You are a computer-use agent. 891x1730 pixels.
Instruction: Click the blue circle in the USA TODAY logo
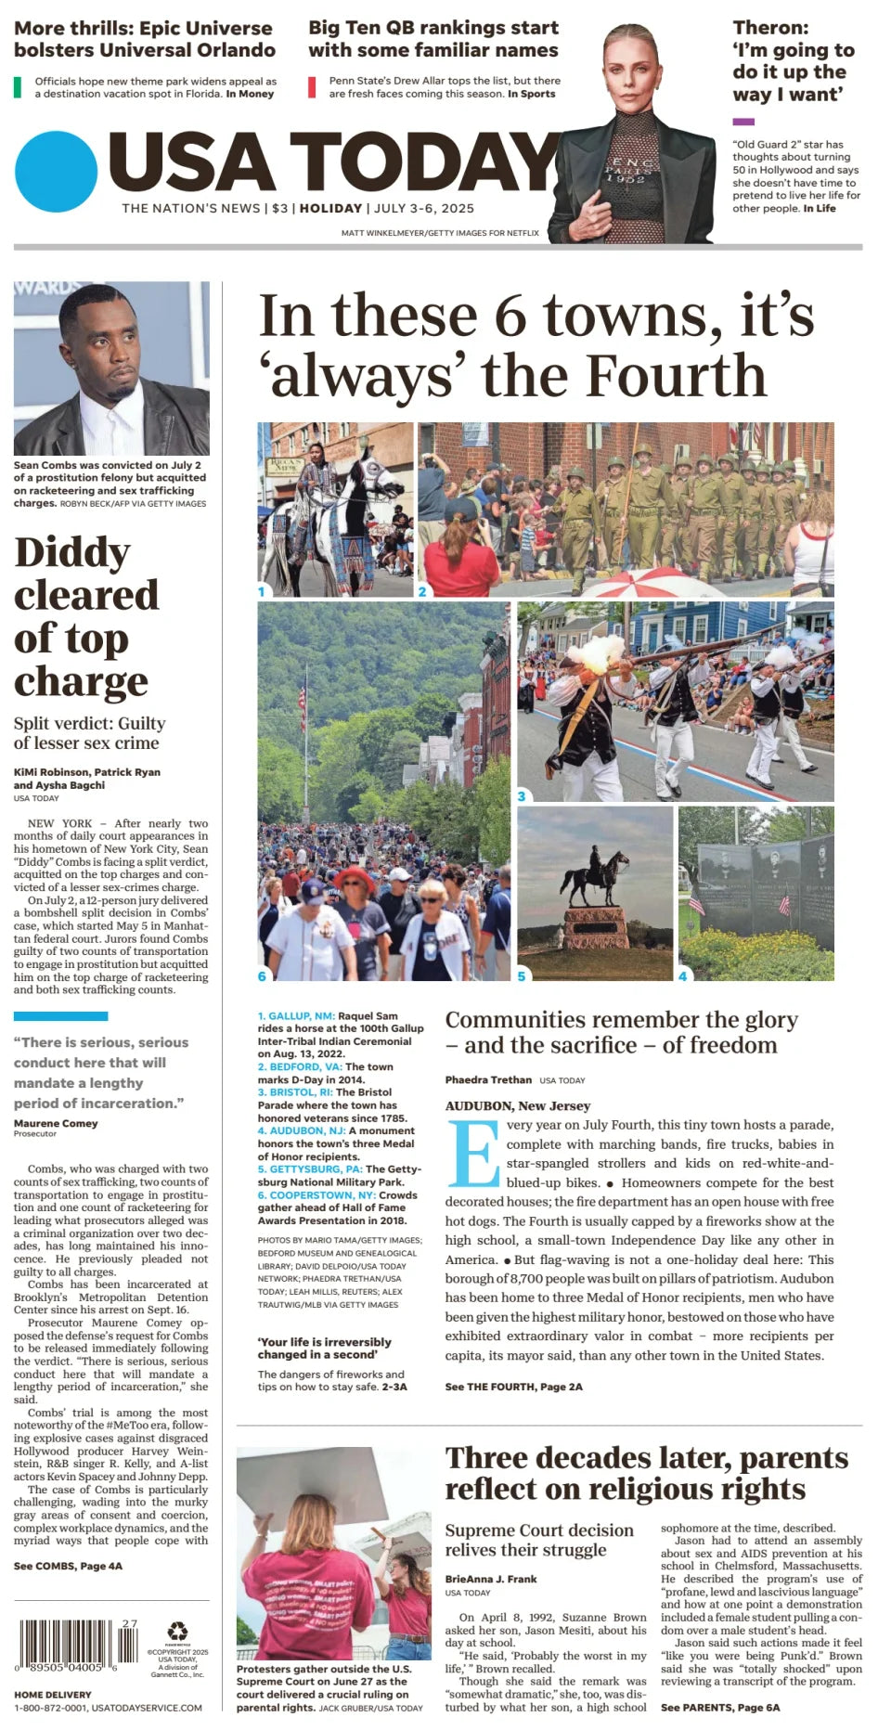coord(56,173)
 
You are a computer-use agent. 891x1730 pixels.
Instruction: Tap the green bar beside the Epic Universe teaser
coord(18,87)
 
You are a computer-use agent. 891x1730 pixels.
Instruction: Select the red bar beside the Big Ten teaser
coord(312,87)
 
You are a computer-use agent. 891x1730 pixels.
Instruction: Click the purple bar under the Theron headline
coord(742,122)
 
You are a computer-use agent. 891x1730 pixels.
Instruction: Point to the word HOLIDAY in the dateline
coord(330,209)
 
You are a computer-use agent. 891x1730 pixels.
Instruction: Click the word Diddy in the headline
coord(72,552)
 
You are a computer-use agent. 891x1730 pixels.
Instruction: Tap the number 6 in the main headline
coord(510,316)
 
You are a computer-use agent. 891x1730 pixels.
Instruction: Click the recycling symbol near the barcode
coord(177,1631)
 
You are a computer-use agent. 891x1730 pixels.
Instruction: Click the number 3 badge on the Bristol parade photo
coord(522,796)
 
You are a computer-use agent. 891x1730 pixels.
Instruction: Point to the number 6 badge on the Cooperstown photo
coord(262,975)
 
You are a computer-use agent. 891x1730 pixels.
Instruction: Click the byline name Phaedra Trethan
coord(488,1079)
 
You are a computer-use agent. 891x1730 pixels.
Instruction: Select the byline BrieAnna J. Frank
coord(491,1579)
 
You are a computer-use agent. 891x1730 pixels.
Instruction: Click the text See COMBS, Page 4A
coord(68,1566)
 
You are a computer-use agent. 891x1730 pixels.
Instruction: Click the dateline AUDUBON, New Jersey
coord(518,1105)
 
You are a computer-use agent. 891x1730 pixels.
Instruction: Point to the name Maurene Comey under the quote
coord(56,1123)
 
